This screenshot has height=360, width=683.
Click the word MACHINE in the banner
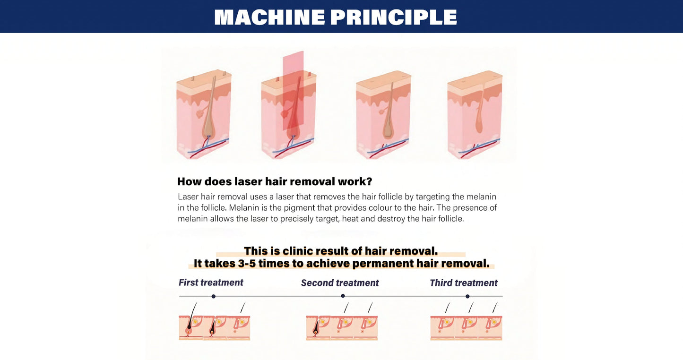269,17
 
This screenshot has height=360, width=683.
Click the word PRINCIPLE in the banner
393,17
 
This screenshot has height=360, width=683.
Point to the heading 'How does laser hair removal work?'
274,181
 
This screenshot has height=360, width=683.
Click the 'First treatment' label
211,283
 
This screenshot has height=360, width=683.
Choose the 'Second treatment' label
340,283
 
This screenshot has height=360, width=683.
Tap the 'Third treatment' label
463,283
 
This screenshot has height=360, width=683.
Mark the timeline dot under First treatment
214,296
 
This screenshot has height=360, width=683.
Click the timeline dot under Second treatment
343,296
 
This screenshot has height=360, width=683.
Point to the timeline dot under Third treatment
467,296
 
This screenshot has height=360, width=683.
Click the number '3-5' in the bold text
246,264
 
